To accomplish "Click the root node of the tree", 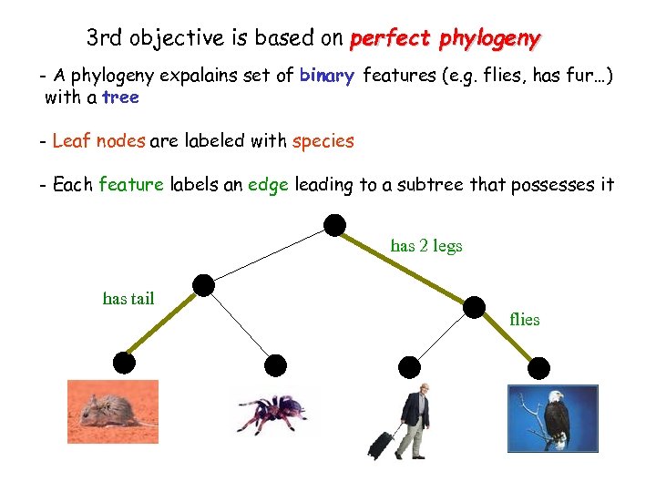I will [x=335, y=224].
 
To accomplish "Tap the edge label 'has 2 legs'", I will [x=425, y=246].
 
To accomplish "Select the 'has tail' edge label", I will [x=128, y=298].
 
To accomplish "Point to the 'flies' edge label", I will [x=525, y=320].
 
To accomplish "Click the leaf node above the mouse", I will [x=124, y=364].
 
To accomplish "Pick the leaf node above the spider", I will [x=275, y=366].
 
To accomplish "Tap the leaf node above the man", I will [x=410, y=367].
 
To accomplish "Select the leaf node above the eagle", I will [x=539, y=368].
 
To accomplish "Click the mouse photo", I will [x=112, y=412].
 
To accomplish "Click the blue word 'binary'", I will [x=326, y=76].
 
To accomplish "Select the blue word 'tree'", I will [x=120, y=97].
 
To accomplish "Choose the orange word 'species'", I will [x=323, y=140].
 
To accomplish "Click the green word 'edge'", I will [x=268, y=185].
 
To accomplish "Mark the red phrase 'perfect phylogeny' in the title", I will [x=445, y=39].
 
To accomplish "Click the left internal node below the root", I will [x=204, y=286].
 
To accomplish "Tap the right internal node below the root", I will [x=476, y=308].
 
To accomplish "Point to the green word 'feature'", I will [x=130, y=185].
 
